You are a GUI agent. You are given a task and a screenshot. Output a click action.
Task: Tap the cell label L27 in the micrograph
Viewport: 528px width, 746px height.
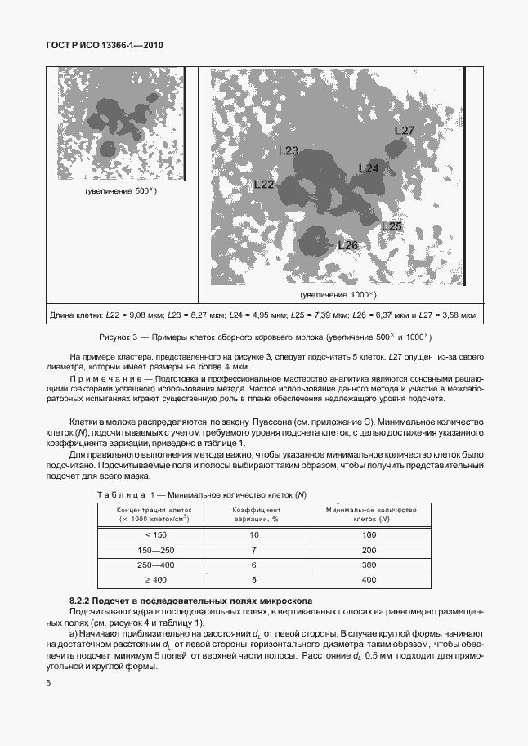click(404, 131)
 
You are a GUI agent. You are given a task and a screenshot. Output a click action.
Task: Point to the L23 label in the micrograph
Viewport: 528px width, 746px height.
click(289, 150)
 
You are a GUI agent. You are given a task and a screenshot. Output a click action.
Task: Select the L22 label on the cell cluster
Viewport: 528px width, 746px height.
click(263, 185)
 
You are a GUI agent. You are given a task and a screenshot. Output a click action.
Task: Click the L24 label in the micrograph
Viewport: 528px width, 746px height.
click(369, 168)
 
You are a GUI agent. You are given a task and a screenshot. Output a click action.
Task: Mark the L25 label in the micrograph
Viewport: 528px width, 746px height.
click(392, 226)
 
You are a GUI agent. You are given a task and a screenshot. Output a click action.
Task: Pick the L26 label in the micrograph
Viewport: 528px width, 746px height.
click(347, 244)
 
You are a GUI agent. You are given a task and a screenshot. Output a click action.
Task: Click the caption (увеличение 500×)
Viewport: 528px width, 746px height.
click(120, 190)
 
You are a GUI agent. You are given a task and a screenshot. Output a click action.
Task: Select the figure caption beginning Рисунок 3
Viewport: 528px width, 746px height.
click(263, 337)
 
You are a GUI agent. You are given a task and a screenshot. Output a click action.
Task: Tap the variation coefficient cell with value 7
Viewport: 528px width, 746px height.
click(253, 549)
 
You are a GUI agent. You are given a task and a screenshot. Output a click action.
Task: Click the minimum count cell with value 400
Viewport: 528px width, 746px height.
click(369, 580)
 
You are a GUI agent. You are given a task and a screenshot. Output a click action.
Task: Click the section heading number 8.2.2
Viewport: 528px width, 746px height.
click(83, 601)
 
